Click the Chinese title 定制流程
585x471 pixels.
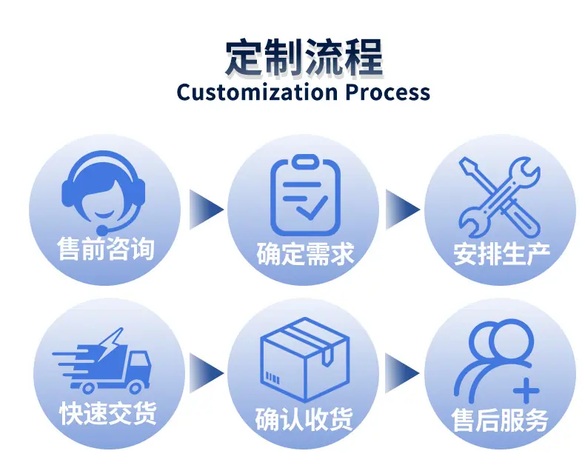click(x=304, y=58)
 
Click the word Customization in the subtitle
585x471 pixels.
click(x=257, y=92)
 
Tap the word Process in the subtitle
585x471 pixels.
click(x=387, y=92)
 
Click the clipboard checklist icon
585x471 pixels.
click(x=306, y=196)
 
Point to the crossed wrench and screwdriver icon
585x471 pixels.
click(x=500, y=197)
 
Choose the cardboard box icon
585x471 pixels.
click(x=305, y=359)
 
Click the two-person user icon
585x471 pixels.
click(x=497, y=361)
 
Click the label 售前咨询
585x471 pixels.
click(x=106, y=249)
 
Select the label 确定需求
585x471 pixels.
click(x=305, y=254)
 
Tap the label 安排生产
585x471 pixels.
click(x=501, y=254)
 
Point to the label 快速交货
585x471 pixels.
click(x=107, y=413)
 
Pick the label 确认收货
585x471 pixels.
click(x=304, y=419)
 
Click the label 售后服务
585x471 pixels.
click(x=500, y=420)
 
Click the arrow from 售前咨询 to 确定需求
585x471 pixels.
click(x=207, y=210)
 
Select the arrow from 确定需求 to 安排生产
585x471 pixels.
click(x=403, y=210)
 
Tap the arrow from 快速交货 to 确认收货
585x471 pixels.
click(x=207, y=373)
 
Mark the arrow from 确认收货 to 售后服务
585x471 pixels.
click(x=402, y=373)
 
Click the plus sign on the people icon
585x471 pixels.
click(x=526, y=391)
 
